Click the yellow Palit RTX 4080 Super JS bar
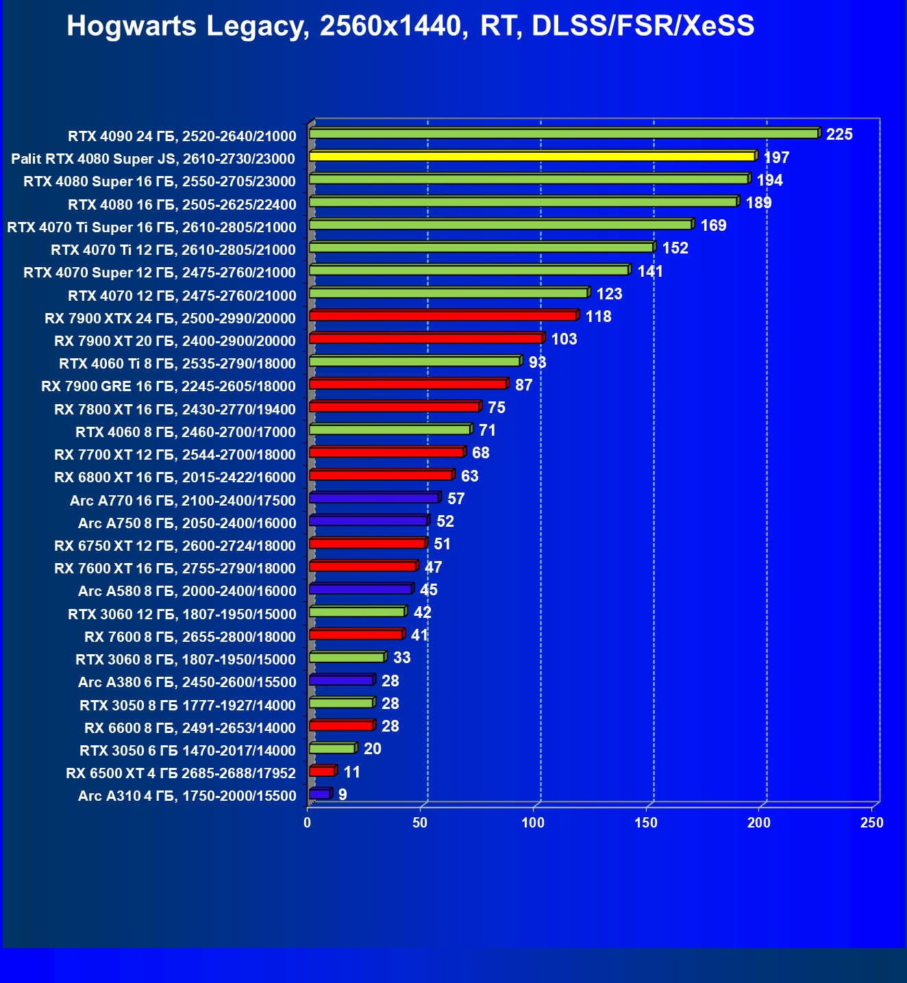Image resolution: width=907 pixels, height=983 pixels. pos(532,157)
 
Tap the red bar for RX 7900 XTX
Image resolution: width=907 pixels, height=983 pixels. pos(443,316)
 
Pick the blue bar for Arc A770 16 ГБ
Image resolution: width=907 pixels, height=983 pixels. pos(373,498)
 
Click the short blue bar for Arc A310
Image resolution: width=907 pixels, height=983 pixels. pos(319,794)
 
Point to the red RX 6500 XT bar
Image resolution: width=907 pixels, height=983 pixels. pos(321,771)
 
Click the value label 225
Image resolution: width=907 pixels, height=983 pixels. pos(839,134)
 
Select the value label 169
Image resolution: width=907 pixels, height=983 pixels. pos(713,225)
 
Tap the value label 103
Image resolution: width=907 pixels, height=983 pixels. pos(564,339)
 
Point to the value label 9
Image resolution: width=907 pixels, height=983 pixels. pos(343,795)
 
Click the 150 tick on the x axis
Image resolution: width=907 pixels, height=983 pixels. pos(646,823)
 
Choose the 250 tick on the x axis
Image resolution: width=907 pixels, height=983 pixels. pos(872,823)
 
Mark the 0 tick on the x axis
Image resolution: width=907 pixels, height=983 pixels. pos(308,823)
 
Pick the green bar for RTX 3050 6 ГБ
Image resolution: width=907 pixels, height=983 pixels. pos(332,749)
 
